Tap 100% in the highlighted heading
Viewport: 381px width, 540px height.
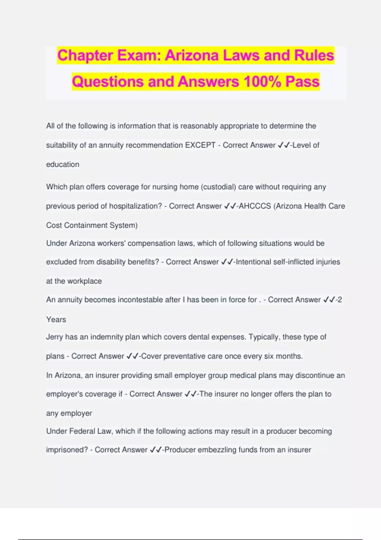[x=262, y=82]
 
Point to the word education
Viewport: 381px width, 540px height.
[x=63, y=165]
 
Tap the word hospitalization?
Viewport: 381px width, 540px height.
[x=136, y=206]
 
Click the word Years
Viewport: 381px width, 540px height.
[x=56, y=320]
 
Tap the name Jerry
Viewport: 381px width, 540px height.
[x=55, y=337]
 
